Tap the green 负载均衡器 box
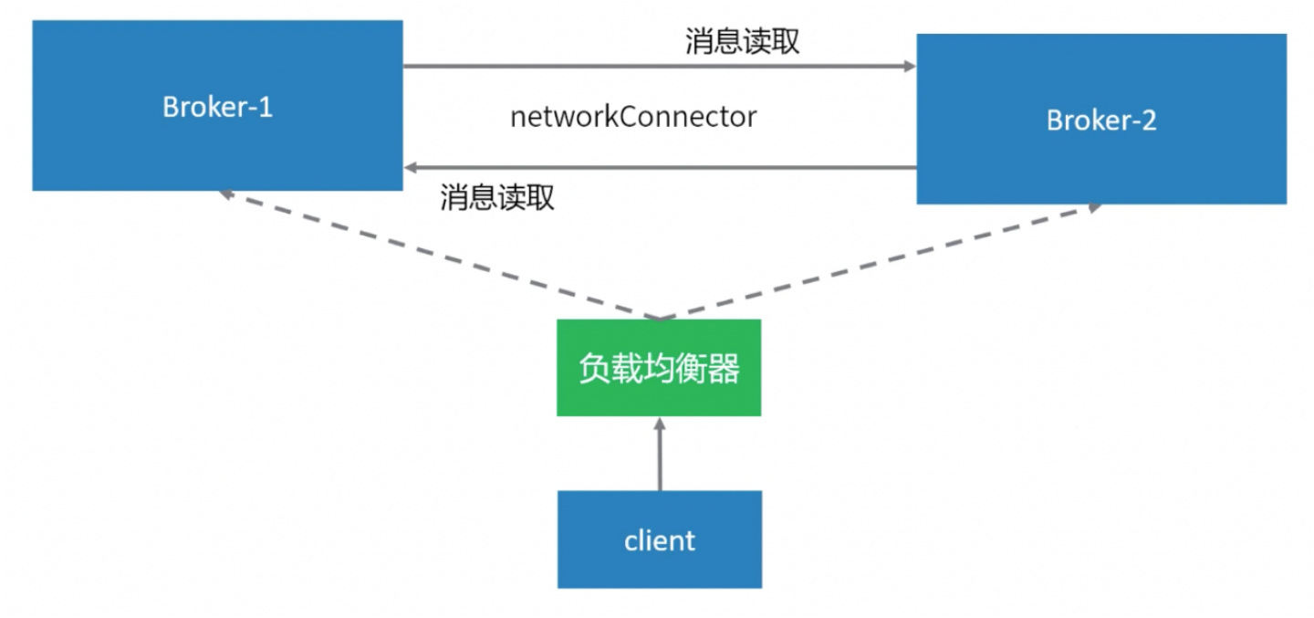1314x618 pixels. (659, 368)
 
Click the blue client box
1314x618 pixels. (660, 539)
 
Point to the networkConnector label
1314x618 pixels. (633, 117)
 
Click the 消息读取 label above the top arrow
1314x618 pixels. (742, 42)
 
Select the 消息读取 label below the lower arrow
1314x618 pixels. (497, 197)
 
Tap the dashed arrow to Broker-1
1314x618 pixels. (438, 255)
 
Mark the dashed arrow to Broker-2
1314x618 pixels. (876, 261)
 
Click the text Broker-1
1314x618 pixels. (217, 107)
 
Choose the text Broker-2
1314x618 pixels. (1101, 120)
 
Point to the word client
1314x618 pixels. (660, 540)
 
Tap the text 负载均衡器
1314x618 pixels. (659, 368)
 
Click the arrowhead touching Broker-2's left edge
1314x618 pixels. (909, 67)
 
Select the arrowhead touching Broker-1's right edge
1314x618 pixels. (412, 168)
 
